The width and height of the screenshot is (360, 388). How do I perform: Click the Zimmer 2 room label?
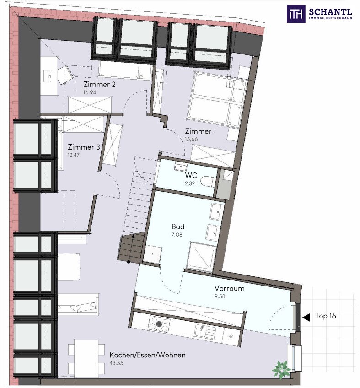tap(99, 84)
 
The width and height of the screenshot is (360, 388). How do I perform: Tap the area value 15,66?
tap(191, 139)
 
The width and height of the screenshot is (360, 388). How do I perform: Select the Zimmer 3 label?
tap(84, 147)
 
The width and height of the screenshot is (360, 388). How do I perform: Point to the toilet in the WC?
tap(208, 182)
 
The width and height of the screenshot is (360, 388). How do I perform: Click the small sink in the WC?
tap(181, 167)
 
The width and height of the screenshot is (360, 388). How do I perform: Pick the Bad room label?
tap(178, 226)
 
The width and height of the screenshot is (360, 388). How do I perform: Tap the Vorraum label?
tap(229, 288)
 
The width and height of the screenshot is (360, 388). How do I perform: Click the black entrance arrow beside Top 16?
tap(306, 317)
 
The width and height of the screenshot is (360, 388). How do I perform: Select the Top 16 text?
tap(326, 316)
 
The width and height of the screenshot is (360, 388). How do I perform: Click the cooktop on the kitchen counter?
tap(159, 324)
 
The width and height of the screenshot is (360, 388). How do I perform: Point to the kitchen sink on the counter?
tap(204, 332)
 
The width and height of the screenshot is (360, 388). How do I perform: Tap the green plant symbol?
tap(281, 370)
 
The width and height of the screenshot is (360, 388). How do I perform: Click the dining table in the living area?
tap(86, 359)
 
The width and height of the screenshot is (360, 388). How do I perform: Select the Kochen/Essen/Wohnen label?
tap(147, 355)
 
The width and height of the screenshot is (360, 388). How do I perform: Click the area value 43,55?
tap(116, 363)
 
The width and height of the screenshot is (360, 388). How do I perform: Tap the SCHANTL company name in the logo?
tap(330, 11)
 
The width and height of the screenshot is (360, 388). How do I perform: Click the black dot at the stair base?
tap(129, 262)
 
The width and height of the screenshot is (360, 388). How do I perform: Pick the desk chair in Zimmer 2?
tap(65, 75)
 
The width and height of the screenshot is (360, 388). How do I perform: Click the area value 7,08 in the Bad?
tap(177, 235)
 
